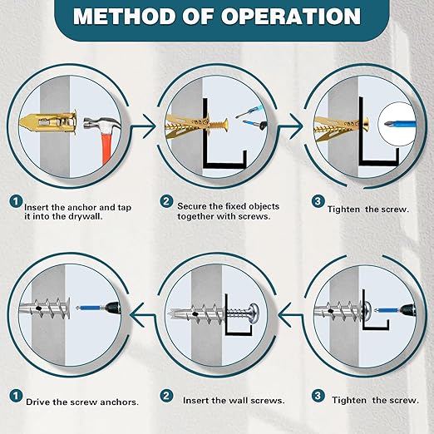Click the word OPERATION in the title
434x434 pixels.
(x=291, y=17)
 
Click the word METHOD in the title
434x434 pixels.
(x=124, y=17)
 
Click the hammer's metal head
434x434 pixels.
(x=101, y=124)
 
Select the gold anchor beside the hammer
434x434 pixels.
(x=48, y=122)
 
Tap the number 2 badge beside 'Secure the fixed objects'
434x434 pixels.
(x=166, y=201)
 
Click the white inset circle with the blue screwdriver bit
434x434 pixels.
(x=397, y=124)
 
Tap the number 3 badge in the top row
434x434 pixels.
(x=318, y=201)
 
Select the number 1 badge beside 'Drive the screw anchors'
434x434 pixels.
(x=16, y=396)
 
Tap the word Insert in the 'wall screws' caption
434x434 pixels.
(x=196, y=401)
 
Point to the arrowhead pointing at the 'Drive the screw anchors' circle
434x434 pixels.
(x=136, y=314)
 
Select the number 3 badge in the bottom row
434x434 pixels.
(x=318, y=396)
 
